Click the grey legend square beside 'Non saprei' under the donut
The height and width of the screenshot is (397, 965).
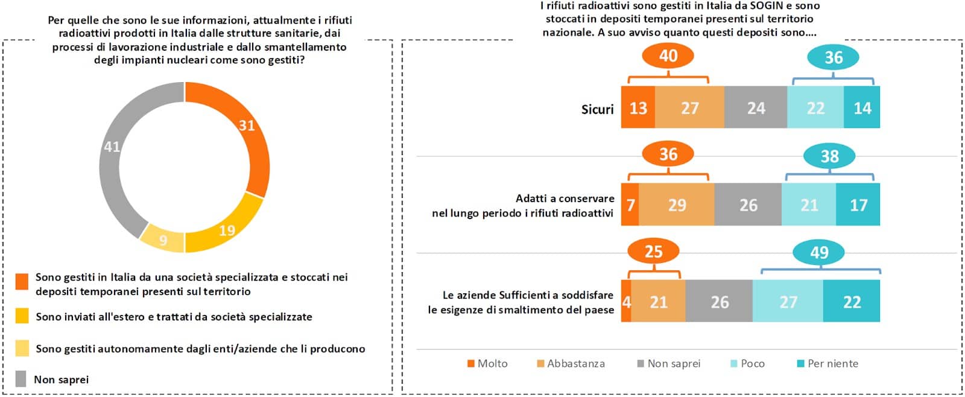(21, 379)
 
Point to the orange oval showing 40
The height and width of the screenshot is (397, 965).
(668, 56)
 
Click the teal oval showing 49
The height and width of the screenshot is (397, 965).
(818, 252)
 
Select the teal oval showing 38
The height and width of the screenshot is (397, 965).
(829, 157)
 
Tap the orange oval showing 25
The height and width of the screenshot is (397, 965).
(653, 252)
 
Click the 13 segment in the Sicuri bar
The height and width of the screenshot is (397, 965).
(638, 108)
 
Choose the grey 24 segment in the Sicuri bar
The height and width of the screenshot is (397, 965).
(755, 108)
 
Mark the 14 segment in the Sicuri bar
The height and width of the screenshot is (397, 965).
(862, 108)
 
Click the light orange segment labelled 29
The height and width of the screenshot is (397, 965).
(676, 205)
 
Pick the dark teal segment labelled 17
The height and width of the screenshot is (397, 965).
(858, 205)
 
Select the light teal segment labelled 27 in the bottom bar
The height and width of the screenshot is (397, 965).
(788, 302)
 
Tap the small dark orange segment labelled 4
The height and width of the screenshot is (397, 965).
(626, 302)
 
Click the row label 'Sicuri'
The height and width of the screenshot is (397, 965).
(597, 109)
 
